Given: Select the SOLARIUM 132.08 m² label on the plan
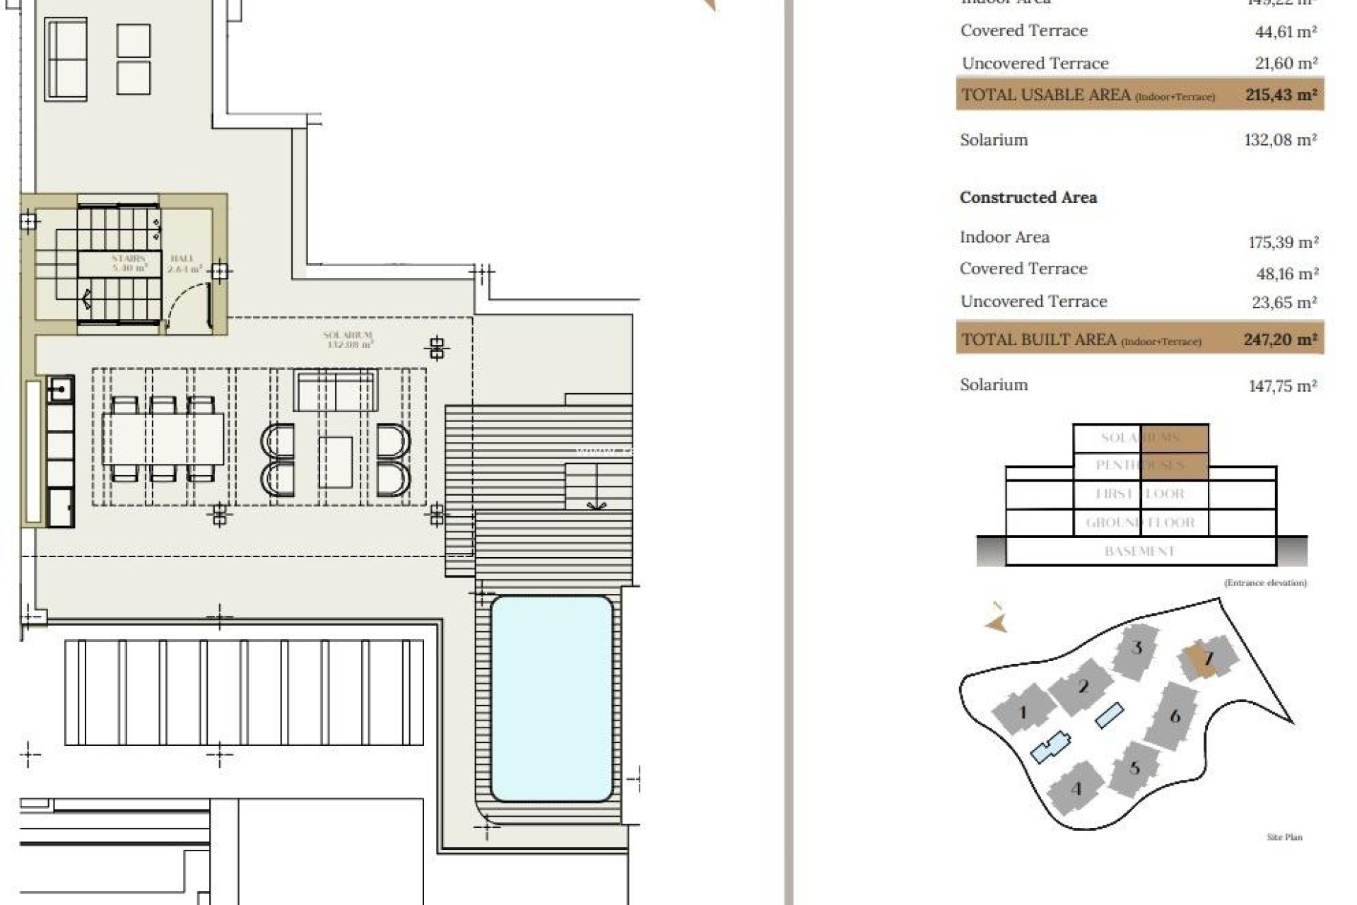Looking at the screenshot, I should [348, 340].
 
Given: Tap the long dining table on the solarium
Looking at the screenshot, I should [163, 439].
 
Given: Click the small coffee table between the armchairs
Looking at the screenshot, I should [335, 462].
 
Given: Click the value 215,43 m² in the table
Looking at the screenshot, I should [1281, 95].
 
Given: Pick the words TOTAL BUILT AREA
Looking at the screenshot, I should [1038, 339].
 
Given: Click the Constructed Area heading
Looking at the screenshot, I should [1028, 198].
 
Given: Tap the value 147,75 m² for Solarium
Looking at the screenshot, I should [1282, 386].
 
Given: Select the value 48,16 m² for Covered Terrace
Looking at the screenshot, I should [1283, 274].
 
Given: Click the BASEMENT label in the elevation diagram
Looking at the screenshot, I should [1139, 551].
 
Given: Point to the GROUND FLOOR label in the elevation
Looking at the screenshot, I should [1139, 523].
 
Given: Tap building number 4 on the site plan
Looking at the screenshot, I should [1076, 789].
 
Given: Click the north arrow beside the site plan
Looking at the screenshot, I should [996, 621].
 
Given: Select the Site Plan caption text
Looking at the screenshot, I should [1284, 837].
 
